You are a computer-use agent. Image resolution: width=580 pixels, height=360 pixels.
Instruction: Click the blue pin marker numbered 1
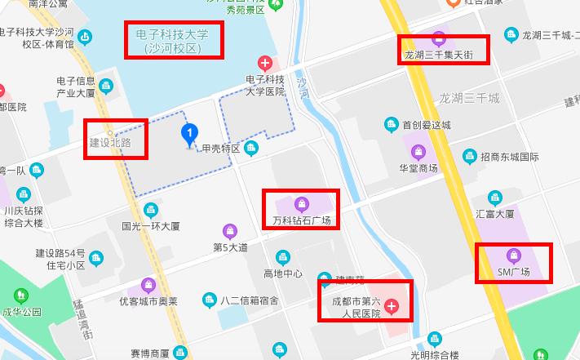click(x=190, y=133)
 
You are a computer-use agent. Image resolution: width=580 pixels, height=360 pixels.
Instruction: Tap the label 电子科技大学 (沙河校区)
click(x=173, y=41)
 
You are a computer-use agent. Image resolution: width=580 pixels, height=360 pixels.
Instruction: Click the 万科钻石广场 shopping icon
click(x=301, y=204)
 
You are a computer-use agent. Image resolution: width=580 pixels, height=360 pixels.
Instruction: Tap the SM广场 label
click(x=514, y=272)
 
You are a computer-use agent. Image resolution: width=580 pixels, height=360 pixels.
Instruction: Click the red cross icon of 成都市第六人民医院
click(x=392, y=307)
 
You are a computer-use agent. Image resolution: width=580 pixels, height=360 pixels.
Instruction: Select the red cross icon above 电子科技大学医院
click(x=265, y=62)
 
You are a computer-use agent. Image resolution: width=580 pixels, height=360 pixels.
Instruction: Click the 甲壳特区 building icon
click(x=250, y=148)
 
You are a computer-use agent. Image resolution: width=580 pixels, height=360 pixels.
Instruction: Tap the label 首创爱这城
click(x=426, y=125)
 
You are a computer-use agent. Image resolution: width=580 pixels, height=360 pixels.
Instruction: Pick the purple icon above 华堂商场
click(x=418, y=152)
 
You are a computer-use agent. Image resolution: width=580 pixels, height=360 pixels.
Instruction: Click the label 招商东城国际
click(x=510, y=157)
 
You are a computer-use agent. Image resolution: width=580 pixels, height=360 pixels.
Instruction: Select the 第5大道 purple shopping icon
click(x=230, y=230)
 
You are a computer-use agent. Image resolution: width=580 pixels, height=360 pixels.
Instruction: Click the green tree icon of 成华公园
click(x=20, y=295)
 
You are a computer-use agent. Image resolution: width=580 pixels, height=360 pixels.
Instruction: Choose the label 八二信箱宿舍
click(x=250, y=300)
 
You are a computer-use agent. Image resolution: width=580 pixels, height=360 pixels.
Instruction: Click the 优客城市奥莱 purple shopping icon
click(x=148, y=286)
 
